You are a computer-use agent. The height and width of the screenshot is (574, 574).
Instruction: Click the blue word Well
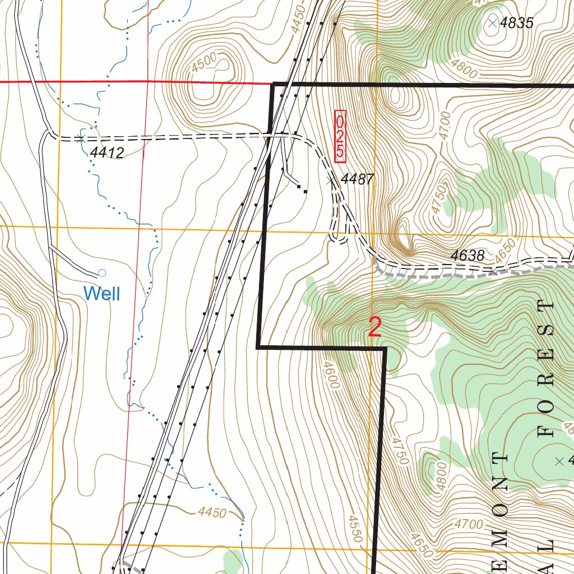[101, 293]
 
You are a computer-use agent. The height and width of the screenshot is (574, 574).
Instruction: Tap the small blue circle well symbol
[101, 273]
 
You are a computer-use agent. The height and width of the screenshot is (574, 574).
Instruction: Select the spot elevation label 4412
[107, 152]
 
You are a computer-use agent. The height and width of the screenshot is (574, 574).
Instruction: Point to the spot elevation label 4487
[357, 179]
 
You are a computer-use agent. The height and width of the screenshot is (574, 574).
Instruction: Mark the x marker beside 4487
[331, 180]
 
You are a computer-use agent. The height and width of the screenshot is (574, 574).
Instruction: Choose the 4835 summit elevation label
[516, 23]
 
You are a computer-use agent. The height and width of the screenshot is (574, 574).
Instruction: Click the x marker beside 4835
[492, 22]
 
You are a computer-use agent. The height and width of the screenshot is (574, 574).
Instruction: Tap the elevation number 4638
[467, 256]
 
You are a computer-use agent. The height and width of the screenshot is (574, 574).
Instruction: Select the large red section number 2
[375, 327]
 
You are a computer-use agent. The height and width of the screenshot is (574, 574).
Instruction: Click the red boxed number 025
[340, 136]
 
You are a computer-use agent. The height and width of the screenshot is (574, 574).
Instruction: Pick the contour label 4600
[331, 374]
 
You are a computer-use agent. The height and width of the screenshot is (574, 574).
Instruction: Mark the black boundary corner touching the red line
[273, 84]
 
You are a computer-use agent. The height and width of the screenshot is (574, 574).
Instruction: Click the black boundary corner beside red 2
[385, 348]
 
